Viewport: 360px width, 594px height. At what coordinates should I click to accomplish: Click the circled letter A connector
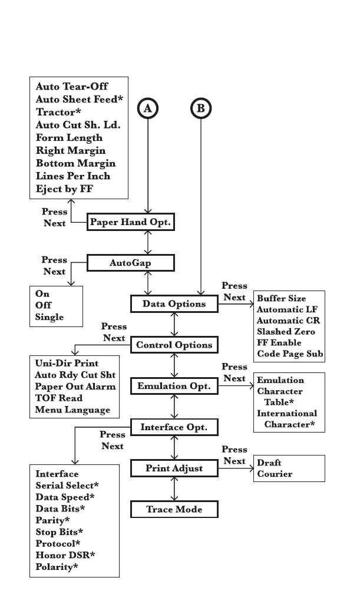click(148, 108)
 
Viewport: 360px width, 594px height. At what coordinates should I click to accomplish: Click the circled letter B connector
click(202, 108)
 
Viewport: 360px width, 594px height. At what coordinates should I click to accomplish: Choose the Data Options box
click(174, 303)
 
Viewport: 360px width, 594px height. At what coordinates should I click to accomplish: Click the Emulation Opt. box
click(174, 386)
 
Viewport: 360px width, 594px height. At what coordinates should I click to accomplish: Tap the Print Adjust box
click(174, 468)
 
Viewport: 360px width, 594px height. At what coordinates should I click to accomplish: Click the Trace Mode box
click(174, 509)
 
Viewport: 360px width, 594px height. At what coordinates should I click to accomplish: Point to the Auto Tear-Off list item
click(72, 86)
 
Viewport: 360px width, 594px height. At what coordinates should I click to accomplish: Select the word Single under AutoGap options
click(49, 317)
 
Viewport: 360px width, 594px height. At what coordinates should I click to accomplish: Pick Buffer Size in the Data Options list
click(282, 298)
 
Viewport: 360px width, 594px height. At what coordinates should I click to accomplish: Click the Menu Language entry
click(72, 410)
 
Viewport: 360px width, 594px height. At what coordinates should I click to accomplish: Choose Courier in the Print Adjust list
click(275, 474)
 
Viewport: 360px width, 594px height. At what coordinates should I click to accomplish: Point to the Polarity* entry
click(57, 567)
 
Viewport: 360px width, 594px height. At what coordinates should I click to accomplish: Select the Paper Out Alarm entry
click(75, 387)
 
